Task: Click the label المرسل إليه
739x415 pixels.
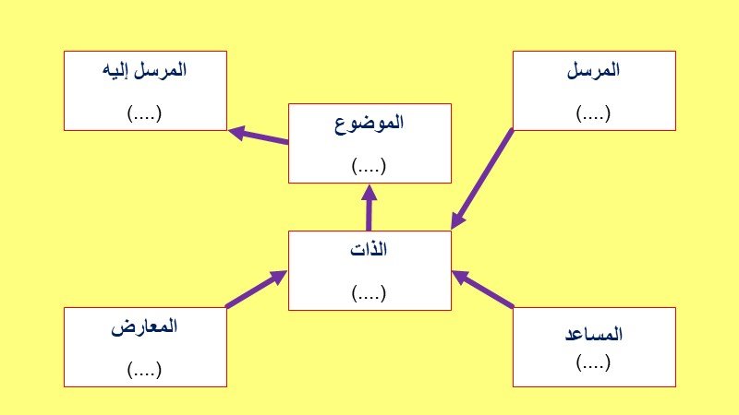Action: pyautogui.click(x=144, y=71)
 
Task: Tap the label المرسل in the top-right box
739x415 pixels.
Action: pyautogui.click(x=593, y=70)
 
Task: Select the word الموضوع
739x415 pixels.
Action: pyautogui.click(x=369, y=124)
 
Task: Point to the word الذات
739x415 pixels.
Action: pyautogui.click(x=369, y=249)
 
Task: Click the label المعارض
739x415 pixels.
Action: pyautogui.click(x=144, y=326)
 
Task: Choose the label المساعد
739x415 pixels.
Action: pyautogui.click(x=594, y=334)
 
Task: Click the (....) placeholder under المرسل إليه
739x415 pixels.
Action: pyautogui.click(x=144, y=113)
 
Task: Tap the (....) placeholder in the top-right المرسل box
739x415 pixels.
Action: pyautogui.click(x=593, y=113)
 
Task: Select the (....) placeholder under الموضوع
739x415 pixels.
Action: pyautogui.click(x=369, y=166)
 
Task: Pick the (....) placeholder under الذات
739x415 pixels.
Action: pyautogui.click(x=369, y=292)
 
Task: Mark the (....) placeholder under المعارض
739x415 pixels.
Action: pyautogui.click(x=144, y=370)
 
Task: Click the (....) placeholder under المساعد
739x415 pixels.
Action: pyautogui.click(x=593, y=362)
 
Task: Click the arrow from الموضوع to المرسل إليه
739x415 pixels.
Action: pyautogui.click(x=259, y=136)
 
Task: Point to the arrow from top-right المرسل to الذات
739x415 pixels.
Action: pyautogui.click(x=481, y=179)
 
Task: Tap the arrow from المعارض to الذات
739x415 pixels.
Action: pyautogui.click(x=257, y=289)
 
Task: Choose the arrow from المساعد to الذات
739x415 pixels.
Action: pyautogui.click(x=482, y=289)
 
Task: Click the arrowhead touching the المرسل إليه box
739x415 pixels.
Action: pyautogui.click(x=237, y=132)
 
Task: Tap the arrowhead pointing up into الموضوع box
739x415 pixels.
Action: pyautogui.click(x=369, y=193)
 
